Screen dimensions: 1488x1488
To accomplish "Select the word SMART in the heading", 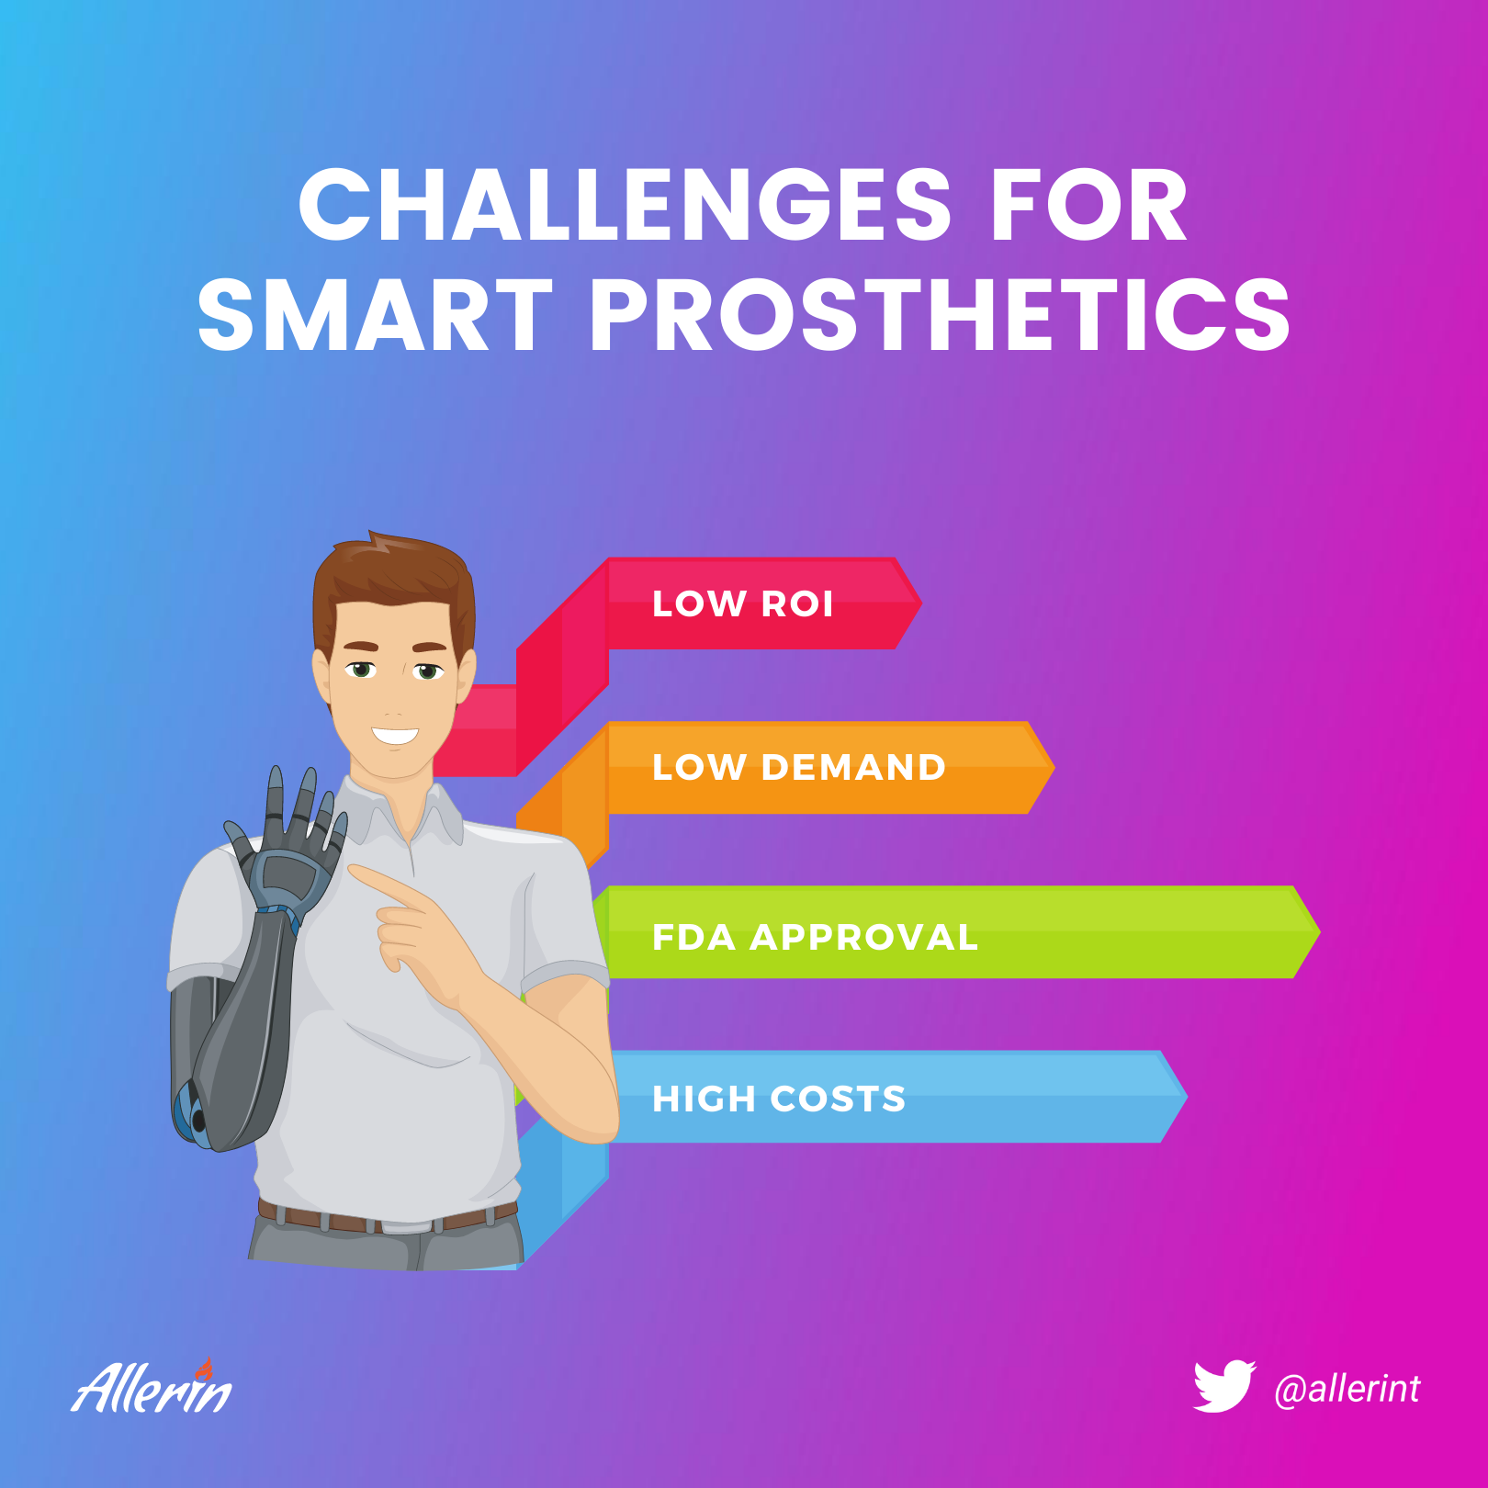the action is point(375,315).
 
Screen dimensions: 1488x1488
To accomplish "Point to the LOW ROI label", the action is point(743,603).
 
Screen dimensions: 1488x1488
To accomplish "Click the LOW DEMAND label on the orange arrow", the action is point(798,767).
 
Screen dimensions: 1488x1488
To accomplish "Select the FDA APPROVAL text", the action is point(815,937).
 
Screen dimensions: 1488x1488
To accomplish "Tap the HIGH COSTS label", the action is point(779,1099).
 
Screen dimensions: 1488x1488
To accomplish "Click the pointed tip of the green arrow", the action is point(1320,931).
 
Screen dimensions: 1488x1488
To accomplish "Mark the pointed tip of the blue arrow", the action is point(1187,1096).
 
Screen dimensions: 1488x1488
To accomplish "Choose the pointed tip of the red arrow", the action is point(921,603).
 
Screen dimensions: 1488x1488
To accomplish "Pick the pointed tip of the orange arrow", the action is point(1054,767).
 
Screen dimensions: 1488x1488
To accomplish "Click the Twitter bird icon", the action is point(1224,1386).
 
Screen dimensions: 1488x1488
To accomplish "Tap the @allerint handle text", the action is point(1347,1389).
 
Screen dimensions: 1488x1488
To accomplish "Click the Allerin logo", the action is point(152,1386).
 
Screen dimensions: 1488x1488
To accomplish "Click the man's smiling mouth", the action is point(395,736).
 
